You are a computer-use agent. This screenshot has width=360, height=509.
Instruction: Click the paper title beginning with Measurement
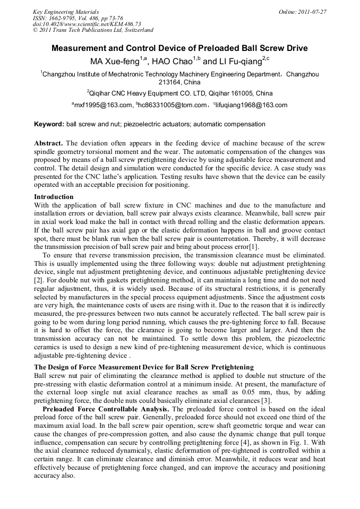179,48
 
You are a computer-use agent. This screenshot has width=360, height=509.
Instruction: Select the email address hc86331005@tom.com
173,105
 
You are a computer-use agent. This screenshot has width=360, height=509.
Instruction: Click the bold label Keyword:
49,124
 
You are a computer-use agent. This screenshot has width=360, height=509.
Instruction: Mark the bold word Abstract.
49,144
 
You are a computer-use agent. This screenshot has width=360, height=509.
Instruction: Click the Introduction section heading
54,197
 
